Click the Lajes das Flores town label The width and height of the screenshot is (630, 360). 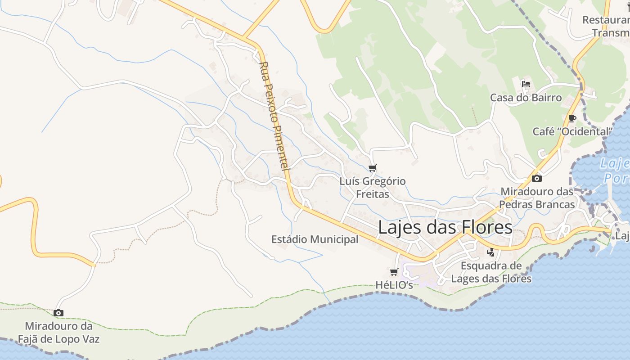pyautogui.click(x=445, y=227)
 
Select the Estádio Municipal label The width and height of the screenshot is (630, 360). pyautogui.click(x=315, y=239)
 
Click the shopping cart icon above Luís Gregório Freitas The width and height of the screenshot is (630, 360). pyautogui.click(x=372, y=168)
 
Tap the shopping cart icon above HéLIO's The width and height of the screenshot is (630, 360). pyautogui.click(x=394, y=272)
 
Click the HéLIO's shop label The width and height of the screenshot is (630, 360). pyautogui.click(x=394, y=285)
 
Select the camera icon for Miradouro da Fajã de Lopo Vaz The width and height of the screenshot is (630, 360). pyautogui.click(x=58, y=313)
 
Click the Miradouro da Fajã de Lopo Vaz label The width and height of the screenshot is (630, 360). pyautogui.click(x=58, y=333)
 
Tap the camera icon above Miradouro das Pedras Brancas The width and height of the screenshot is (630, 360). pyautogui.click(x=536, y=178)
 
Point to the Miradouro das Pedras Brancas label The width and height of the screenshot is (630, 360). pyautogui.click(x=537, y=198)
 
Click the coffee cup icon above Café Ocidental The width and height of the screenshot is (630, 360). pyautogui.click(x=572, y=119)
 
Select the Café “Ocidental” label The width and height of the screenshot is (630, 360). pyautogui.click(x=572, y=131)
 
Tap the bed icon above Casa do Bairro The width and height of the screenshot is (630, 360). pyautogui.click(x=526, y=84)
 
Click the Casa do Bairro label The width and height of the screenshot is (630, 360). pyautogui.click(x=526, y=98)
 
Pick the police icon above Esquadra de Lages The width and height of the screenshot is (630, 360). pyautogui.click(x=490, y=252)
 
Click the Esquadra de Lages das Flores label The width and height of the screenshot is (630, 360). pyautogui.click(x=491, y=272)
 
